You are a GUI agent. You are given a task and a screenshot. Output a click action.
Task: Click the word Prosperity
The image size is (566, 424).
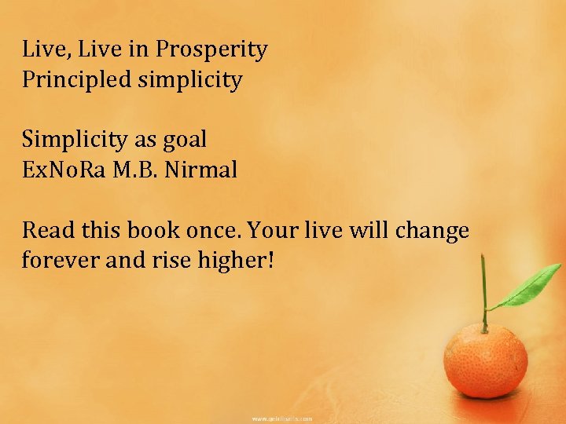pyautogui.click(x=211, y=50)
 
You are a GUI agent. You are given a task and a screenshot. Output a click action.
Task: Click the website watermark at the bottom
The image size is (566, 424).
pyautogui.click(x=282, y=419)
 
